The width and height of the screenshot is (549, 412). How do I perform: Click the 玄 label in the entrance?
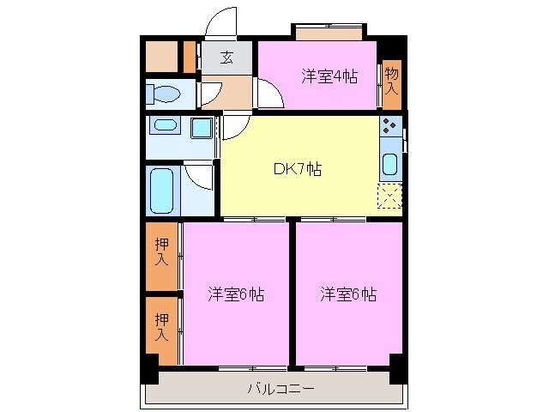tap(226, 58)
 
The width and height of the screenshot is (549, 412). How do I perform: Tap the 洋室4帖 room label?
tap(328, 75)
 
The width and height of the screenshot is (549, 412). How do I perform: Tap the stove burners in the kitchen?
tap(390, 128)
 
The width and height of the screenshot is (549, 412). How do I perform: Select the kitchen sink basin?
tap(389, 163)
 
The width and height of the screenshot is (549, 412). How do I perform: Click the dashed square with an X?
tap(390, 197)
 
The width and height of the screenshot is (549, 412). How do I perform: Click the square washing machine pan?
tap(202, 129)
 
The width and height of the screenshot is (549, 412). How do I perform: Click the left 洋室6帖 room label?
tap(235, 294)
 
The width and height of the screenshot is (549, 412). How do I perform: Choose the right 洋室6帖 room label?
tap(347, 294)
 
